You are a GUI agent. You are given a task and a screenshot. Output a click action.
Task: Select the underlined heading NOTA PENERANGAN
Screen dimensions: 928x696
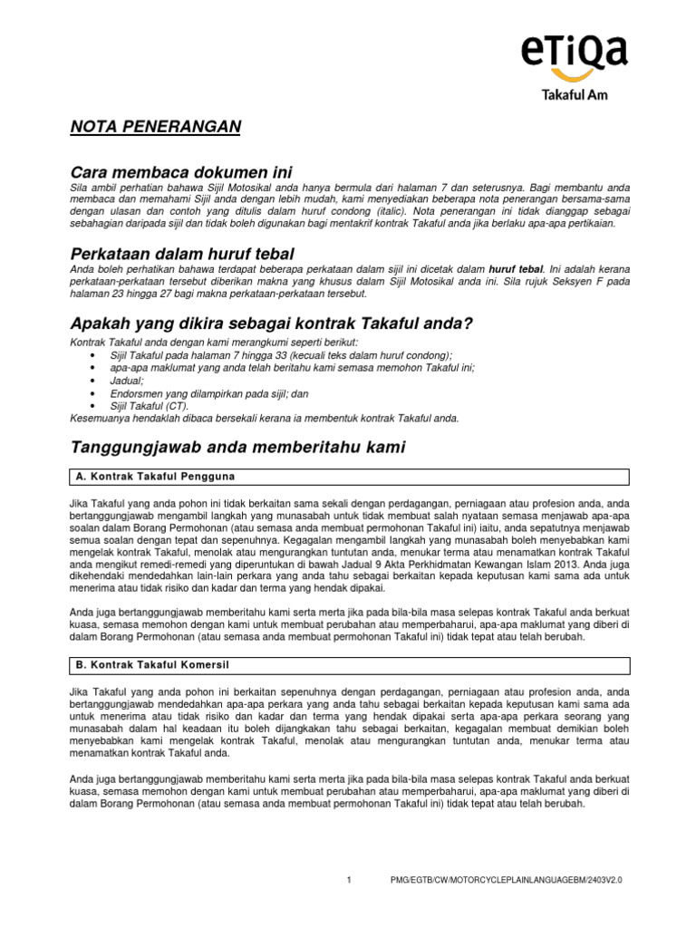click(x=156, y=127)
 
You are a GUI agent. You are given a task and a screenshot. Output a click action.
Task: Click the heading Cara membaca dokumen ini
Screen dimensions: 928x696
click(x=181, y=172)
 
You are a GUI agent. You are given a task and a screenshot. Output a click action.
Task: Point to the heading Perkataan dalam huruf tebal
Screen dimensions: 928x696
click(x=182, y=253)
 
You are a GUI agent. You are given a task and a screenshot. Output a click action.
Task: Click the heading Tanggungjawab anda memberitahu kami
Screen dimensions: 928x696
click(x=238, y=447)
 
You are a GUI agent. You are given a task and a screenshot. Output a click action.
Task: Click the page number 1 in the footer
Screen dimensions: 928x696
click(x=348, y=880)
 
